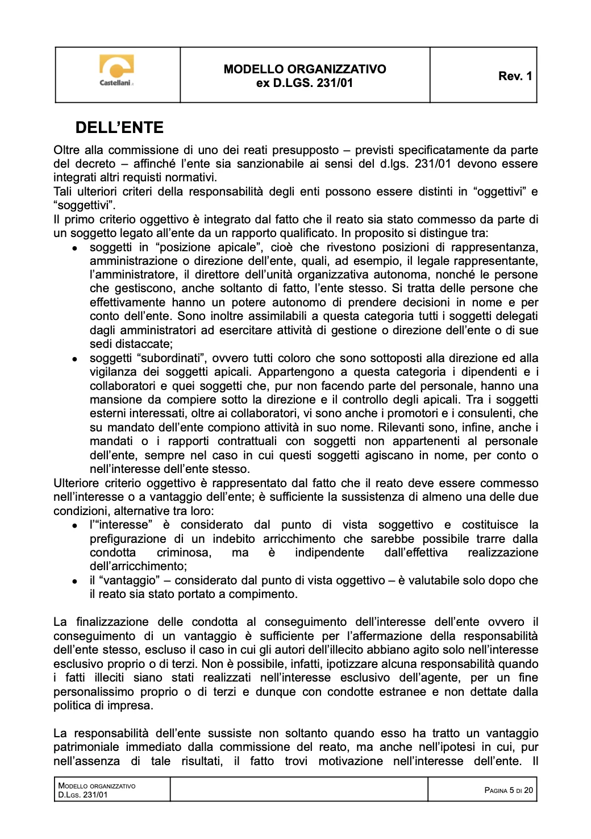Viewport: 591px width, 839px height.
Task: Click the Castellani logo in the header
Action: point(116,72)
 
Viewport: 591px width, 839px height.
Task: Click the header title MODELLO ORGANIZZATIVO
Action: point(305,69)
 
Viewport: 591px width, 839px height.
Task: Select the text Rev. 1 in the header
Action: point(515,76)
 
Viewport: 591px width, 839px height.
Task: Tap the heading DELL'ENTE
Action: point(119,127)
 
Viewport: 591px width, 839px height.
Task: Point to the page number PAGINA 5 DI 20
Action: point(508,790)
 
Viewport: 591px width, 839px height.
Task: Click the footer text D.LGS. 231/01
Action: point(83,795)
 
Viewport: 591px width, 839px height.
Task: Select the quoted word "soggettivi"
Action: point(84,205)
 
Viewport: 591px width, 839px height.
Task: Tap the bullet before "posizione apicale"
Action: point(74,248)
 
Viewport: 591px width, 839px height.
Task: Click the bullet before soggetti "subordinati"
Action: point(74,359)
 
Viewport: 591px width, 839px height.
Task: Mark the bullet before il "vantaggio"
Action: point(74,582)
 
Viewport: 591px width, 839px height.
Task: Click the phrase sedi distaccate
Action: point(130,344)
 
